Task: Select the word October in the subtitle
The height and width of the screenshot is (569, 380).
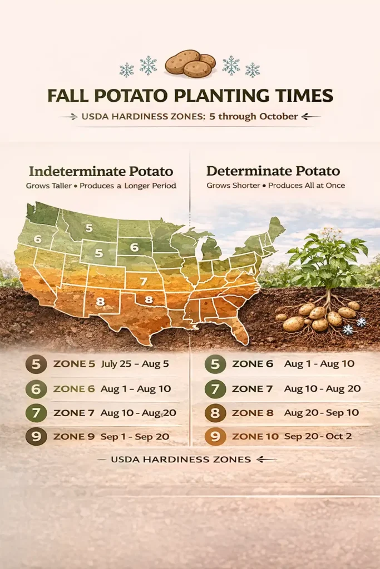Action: tap(277, 117)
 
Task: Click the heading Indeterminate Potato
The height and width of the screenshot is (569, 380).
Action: tap(101, 171)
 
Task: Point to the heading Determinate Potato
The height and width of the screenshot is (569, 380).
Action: tap(273, 171)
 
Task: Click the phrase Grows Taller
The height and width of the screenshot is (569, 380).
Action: tap(49, 186)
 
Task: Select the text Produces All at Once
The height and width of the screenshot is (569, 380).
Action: tap(307, 185)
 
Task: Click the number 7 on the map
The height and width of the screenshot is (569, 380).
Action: tap(144, 281)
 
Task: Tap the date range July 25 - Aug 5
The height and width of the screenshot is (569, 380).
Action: tap(135, 365)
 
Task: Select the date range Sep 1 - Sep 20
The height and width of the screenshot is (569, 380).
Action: tap(135, 437)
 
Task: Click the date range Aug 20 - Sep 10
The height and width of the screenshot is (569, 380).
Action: tap(322, 413)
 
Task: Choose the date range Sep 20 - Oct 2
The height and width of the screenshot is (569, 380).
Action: tap(318, 437)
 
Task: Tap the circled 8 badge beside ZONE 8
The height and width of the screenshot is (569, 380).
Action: tap(215, 413)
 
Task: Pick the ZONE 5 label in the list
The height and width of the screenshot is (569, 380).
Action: tap(73, 365)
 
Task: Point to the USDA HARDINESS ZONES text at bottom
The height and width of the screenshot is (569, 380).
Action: tap(181, 460)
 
